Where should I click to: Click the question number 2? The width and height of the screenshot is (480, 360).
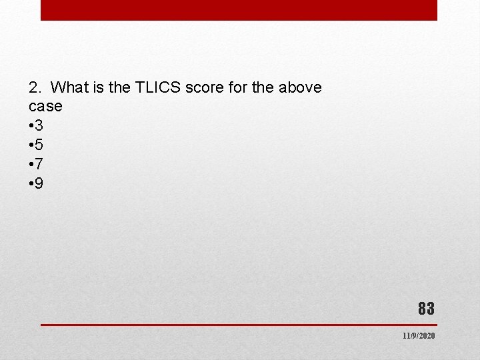35,87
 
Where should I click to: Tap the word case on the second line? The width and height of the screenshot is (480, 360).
45,107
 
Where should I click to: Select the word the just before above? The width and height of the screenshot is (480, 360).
256,87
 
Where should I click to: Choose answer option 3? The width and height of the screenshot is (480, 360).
39,125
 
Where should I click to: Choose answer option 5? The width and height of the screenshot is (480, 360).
39,145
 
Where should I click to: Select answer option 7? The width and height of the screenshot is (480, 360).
39,164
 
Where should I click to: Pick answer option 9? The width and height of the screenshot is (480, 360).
39,183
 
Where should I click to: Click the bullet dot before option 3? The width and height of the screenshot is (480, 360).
31,126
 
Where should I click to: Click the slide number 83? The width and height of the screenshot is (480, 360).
426,309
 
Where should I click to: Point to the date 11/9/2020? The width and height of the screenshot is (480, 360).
418,336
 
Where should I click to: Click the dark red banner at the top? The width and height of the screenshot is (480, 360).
239,10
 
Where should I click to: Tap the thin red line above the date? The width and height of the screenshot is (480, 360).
238,325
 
